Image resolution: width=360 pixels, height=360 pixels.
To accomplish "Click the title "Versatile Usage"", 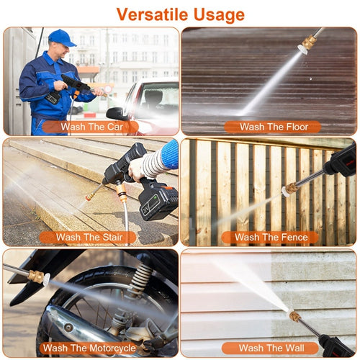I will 180,14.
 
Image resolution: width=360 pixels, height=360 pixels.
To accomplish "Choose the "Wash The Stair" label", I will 88,237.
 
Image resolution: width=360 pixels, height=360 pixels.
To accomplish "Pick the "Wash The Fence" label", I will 271,237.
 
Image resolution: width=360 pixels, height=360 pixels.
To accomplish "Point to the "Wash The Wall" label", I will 271,348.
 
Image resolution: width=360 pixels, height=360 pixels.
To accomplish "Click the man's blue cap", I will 62,37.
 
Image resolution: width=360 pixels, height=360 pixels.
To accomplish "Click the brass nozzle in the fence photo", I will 290,189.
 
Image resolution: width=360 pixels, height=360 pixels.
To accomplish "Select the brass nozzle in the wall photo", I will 295,316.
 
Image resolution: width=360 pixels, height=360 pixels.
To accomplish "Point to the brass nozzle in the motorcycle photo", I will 35,276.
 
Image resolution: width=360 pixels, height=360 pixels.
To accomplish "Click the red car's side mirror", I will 115,113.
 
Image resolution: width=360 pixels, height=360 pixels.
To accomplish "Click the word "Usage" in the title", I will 215,14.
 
